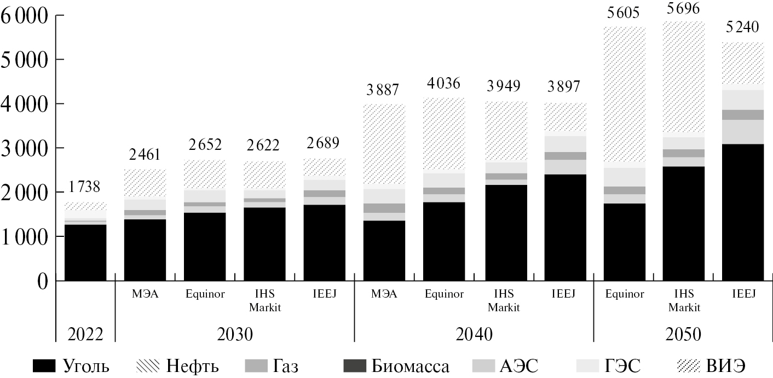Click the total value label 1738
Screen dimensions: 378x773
point(85,188)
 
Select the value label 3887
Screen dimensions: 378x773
point(384,89)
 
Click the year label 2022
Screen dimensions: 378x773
point(85,334)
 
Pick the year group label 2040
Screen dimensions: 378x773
point(474,334)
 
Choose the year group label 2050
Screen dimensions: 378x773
point(683,334)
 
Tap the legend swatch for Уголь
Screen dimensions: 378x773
point(44,365)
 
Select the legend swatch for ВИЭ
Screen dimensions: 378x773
point(691,365)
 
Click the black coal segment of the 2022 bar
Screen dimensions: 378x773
point(85,253)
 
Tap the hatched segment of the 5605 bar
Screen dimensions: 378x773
point(623,93)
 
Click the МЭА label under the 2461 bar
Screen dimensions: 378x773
point(145,294)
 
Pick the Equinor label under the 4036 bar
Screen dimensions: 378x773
point(444,294)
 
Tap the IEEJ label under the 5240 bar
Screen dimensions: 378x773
point(742,294)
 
